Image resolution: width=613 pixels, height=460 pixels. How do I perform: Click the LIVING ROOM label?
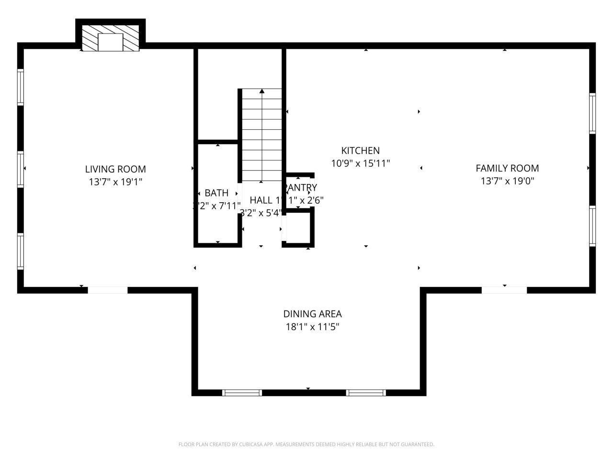point(115,169)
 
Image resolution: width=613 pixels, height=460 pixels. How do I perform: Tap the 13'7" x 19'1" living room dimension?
point(115,182)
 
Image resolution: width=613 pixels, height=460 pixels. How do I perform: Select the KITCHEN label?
point(360,150)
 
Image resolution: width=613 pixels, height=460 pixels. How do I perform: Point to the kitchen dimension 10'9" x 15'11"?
point(360,163)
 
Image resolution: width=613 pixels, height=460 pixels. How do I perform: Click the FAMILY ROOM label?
point(507,168)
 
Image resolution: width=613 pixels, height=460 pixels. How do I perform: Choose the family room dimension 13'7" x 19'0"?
point(507,181)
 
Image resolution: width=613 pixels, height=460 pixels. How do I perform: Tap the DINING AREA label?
point(312,314)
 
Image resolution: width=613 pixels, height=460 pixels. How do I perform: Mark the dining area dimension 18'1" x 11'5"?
point(312,327)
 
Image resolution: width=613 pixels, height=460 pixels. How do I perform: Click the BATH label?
point(216,193)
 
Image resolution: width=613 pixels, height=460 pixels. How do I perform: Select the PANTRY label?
point(301,187)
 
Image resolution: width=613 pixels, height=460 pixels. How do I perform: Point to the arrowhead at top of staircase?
point(261,91)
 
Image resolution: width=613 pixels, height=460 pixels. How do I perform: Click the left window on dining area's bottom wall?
point(242,393)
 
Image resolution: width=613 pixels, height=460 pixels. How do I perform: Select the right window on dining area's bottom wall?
point(366,393)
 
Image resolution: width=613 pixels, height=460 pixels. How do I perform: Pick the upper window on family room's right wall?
point(592,113)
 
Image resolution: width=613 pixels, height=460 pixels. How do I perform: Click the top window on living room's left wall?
point(21,87)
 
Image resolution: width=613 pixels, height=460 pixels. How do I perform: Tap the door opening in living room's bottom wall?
point(108,290)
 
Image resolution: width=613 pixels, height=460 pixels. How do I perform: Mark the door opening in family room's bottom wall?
point(504,290)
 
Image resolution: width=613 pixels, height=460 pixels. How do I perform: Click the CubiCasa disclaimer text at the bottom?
point(306,445)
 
